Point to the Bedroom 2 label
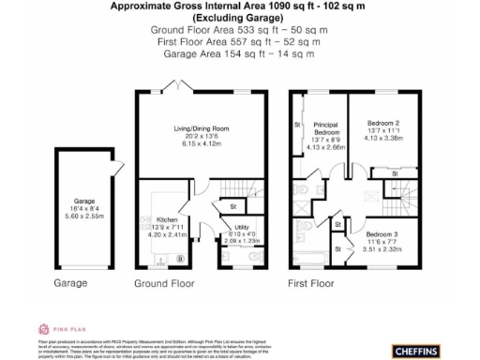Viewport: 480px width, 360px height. [x=381, y=125]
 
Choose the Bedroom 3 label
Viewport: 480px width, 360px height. [x=381, y=233]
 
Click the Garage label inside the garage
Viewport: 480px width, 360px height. [x=85, y=201]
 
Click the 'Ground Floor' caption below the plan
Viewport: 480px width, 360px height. [x=163, y=282]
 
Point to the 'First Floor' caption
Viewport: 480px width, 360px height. [x=311, y=282]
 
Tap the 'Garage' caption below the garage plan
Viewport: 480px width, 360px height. [x=70, y=282]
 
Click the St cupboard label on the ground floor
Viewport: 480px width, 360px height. [x=231, y=205]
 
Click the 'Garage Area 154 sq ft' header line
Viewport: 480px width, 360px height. [x=239, y=55]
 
